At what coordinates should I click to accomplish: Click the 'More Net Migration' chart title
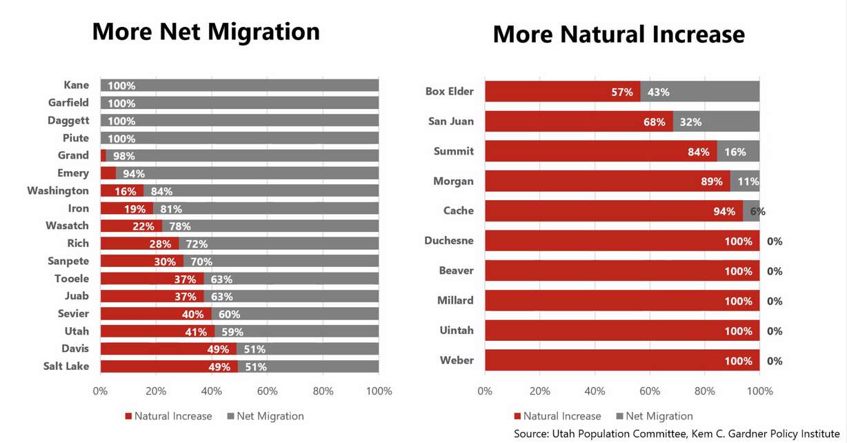click(206, 32)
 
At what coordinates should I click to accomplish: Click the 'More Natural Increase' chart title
click(619, 35)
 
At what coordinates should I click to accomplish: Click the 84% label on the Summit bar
click(698, 152)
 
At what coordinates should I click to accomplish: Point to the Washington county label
click(58, 190)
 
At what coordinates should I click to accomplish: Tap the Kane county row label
click(76, 86)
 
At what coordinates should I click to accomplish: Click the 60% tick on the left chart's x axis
click(267, 391)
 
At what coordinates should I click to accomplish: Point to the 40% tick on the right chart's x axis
click(595, 391)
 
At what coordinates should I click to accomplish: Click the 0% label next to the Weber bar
click(775, 361)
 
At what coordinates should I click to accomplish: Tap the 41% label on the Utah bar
click(196, 332)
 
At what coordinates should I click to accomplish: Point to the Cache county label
click(458, 210)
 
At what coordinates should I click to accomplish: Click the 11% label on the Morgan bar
click(748, 181)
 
